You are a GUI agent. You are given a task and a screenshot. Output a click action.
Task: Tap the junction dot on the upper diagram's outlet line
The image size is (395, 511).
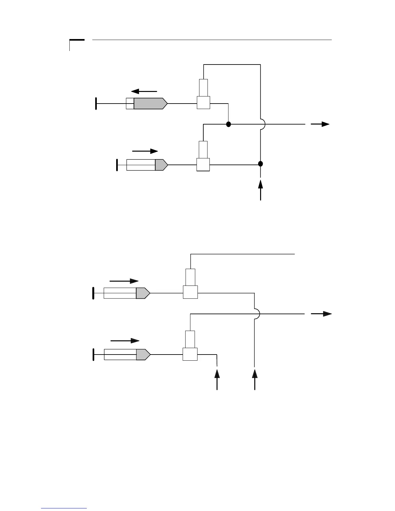[228, 124]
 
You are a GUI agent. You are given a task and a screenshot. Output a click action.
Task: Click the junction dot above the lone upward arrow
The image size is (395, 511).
[260, 164]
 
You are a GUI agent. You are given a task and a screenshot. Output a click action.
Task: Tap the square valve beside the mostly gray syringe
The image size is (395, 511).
[203, 103]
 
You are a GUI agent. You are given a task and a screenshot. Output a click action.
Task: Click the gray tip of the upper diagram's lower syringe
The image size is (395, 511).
[161, 165]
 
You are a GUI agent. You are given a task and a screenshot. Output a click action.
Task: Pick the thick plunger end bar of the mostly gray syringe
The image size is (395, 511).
[96, 104]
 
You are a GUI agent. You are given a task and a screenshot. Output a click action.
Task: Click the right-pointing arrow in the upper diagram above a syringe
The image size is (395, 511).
[145, 151]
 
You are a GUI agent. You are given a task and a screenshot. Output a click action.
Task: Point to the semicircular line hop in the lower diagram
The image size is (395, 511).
[257, 314]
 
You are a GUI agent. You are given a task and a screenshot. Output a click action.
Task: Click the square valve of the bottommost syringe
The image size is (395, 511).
[190, 354]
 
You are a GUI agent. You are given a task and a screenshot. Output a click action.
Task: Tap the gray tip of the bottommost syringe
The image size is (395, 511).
[143, 355]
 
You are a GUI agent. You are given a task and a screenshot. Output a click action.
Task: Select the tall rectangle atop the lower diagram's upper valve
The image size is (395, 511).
[190, 277]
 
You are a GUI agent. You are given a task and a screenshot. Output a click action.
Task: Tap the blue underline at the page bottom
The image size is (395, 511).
[64, 508]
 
